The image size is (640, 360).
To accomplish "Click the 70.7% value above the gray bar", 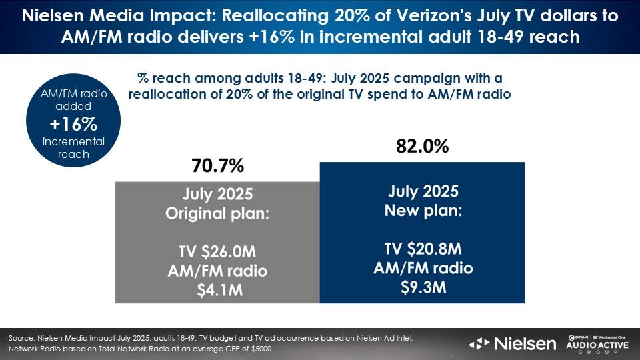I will (217, 164).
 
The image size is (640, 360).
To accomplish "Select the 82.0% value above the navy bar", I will (422, 147).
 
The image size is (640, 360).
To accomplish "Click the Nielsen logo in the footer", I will (513, 344).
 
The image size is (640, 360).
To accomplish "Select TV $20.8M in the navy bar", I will (423, 249).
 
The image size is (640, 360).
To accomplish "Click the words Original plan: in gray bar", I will (217, 214).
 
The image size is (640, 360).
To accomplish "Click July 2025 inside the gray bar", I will (217, 195).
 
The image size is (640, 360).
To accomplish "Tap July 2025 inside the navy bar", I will (423, 192).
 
